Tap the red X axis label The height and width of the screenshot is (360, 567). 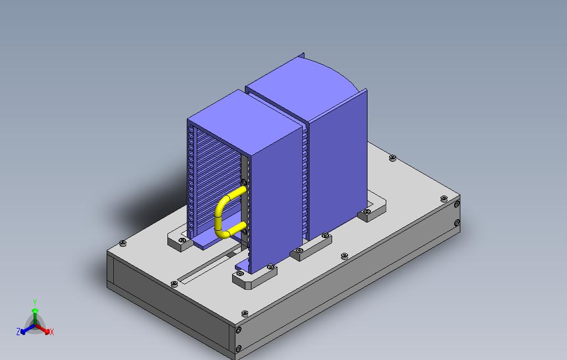(x=51, y=332)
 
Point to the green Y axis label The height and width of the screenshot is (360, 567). (x=34, y=303)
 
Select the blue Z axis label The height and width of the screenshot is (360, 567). (x=18, y=332)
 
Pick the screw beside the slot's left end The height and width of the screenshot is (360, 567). (x=175, y=283)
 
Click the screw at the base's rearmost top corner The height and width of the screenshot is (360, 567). (x=392, y=157)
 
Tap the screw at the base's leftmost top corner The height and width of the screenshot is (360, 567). (x=122, y=243)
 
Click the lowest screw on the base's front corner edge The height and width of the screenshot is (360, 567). (x=238, y=348)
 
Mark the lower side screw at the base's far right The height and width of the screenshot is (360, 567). (x=457, y=223)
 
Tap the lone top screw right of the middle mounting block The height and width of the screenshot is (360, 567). (x=345, y=256)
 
